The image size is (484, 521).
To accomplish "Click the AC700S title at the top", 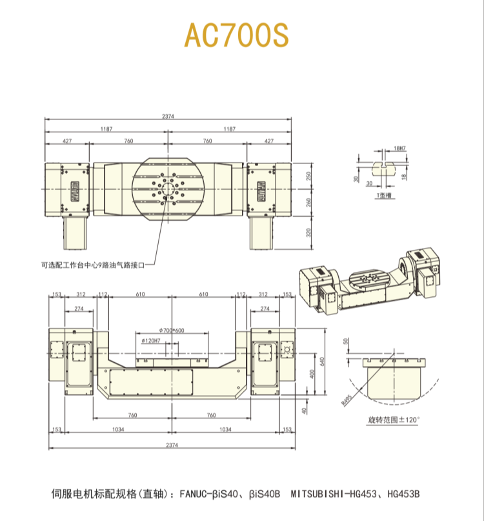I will point(236,36).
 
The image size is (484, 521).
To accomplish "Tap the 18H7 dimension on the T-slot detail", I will point(399,148).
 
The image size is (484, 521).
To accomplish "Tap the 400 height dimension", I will point(312,374).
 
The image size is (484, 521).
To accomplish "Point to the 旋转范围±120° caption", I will point(393,420).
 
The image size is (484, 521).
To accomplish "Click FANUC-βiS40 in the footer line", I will point(208,494).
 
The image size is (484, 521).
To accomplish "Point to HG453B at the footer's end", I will point(403,494).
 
